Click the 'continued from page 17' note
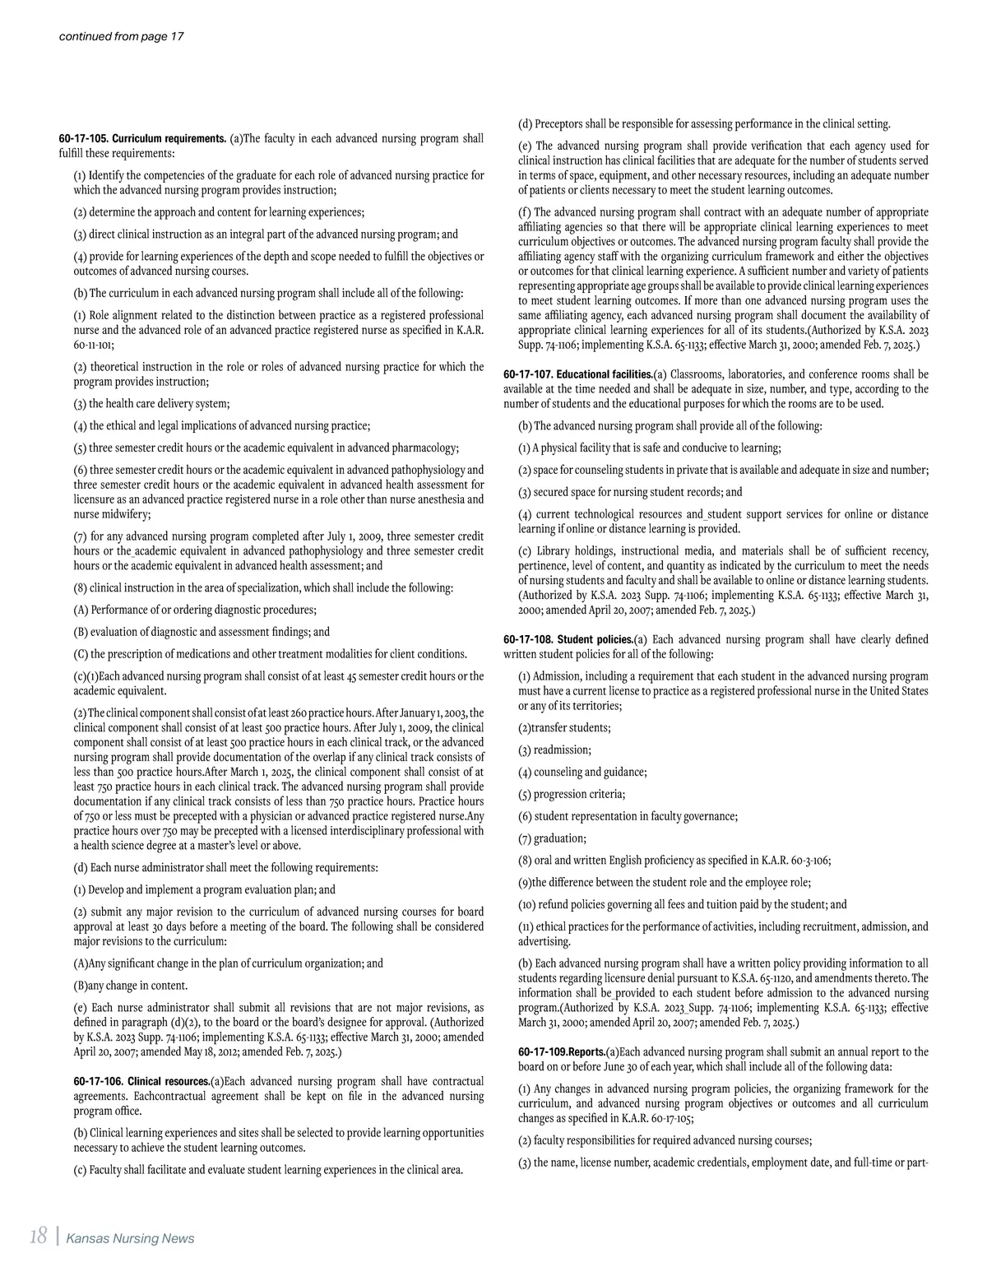tap(121, 37)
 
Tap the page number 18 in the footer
tap(37, 1237)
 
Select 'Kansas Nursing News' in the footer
tap(130, 1238)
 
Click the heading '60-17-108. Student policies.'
tap(568, 639)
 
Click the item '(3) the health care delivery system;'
tap(151, 404)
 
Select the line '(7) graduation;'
tap(552, 838)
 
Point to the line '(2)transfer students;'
tap(564, 728)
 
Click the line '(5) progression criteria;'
tap(572, 795)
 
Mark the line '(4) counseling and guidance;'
tap(582, 773)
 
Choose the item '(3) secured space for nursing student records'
tap(630, 492)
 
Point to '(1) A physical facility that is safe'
tap(650, 448)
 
